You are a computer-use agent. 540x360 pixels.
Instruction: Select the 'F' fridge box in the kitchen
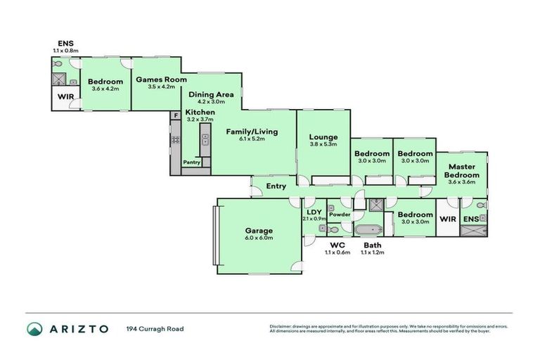(175, 115)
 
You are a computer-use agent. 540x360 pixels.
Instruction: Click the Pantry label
(191, 162)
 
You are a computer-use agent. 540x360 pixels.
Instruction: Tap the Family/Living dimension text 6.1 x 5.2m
(251, 139)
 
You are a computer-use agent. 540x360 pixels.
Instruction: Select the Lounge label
(323, 137)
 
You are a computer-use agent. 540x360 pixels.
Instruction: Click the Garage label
(258, 230)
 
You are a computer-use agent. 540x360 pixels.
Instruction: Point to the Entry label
(276, 186)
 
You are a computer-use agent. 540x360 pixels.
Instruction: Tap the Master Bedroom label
(461, 171)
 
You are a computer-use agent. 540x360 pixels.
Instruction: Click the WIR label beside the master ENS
(447, 219)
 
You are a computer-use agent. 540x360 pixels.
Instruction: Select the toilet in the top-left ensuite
(57, 65)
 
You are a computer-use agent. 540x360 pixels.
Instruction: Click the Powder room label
(340, 214)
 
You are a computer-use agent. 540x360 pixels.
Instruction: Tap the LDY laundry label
(314, 212)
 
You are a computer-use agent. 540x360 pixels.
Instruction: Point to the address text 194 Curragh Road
(155, 328)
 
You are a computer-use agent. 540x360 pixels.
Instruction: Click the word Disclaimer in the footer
(281, 326)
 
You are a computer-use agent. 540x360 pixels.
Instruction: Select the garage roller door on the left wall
(214, 236)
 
